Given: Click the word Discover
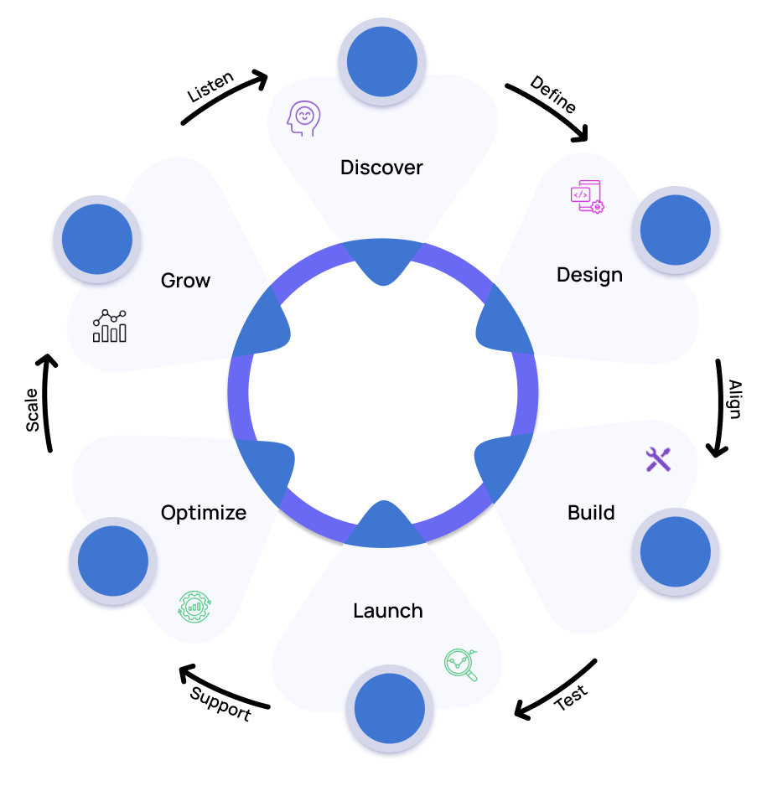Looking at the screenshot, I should click(381, 168).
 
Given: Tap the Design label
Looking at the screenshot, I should click(589, 275).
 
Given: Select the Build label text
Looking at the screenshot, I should click(591, 513).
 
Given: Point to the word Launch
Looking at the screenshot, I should click(387, 611).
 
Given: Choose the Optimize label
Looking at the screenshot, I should click(204, 513).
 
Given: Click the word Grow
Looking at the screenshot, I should click(185, 281).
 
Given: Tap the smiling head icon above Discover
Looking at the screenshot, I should click(303, 119).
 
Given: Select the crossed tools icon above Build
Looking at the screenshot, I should click(658, 459).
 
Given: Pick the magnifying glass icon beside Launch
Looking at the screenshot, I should click(461, 664).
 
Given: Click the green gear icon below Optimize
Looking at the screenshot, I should click(195, 606).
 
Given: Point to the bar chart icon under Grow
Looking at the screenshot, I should click(110, 326).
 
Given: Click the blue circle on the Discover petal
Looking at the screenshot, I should click(382, 60).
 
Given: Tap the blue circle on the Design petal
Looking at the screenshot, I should click(676, 230).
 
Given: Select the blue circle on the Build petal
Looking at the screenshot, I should click(676, 551).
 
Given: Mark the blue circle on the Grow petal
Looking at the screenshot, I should click(97, 240).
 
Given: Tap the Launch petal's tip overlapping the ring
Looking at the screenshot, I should click(384, 524).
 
